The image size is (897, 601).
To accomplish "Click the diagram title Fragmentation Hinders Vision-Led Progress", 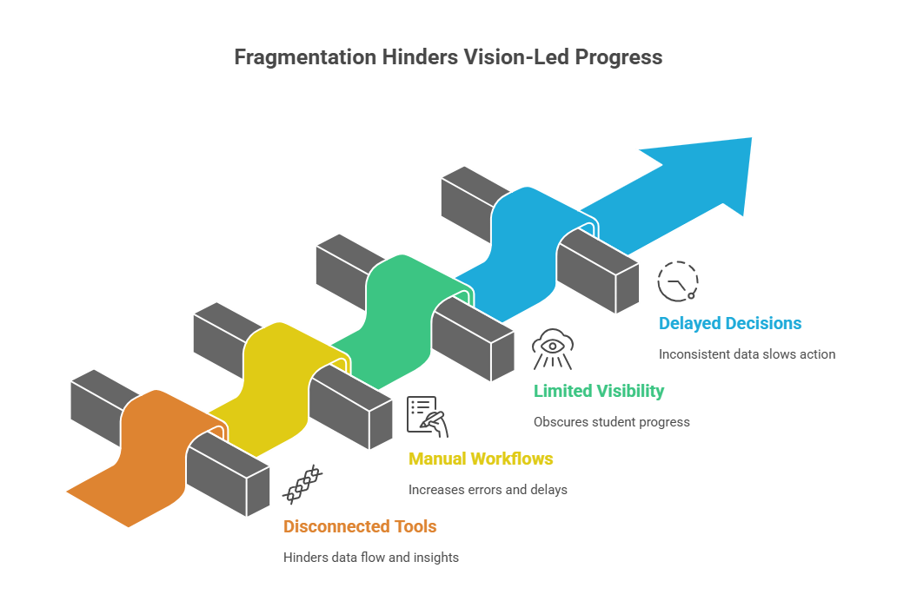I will pos(448,57).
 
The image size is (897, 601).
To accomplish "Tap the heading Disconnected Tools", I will pos(360,526).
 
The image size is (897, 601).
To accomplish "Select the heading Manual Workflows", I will pos(481,459).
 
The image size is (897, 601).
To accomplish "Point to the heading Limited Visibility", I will pos(599,391).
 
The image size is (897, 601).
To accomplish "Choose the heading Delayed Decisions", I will pos(730,323).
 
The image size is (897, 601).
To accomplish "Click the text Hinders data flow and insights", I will pos(370,558).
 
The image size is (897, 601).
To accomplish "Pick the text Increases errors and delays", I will pos(488,490).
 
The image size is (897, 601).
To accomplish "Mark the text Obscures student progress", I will pos(611,422).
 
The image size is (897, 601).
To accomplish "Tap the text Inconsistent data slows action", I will pos(747,354).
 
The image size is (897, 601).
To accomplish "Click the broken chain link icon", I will pos(302,485).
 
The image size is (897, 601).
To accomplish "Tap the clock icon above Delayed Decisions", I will pos(678,281).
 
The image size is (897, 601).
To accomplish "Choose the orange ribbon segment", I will pos(139,460).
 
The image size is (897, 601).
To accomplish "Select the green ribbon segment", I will pos(395,304).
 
